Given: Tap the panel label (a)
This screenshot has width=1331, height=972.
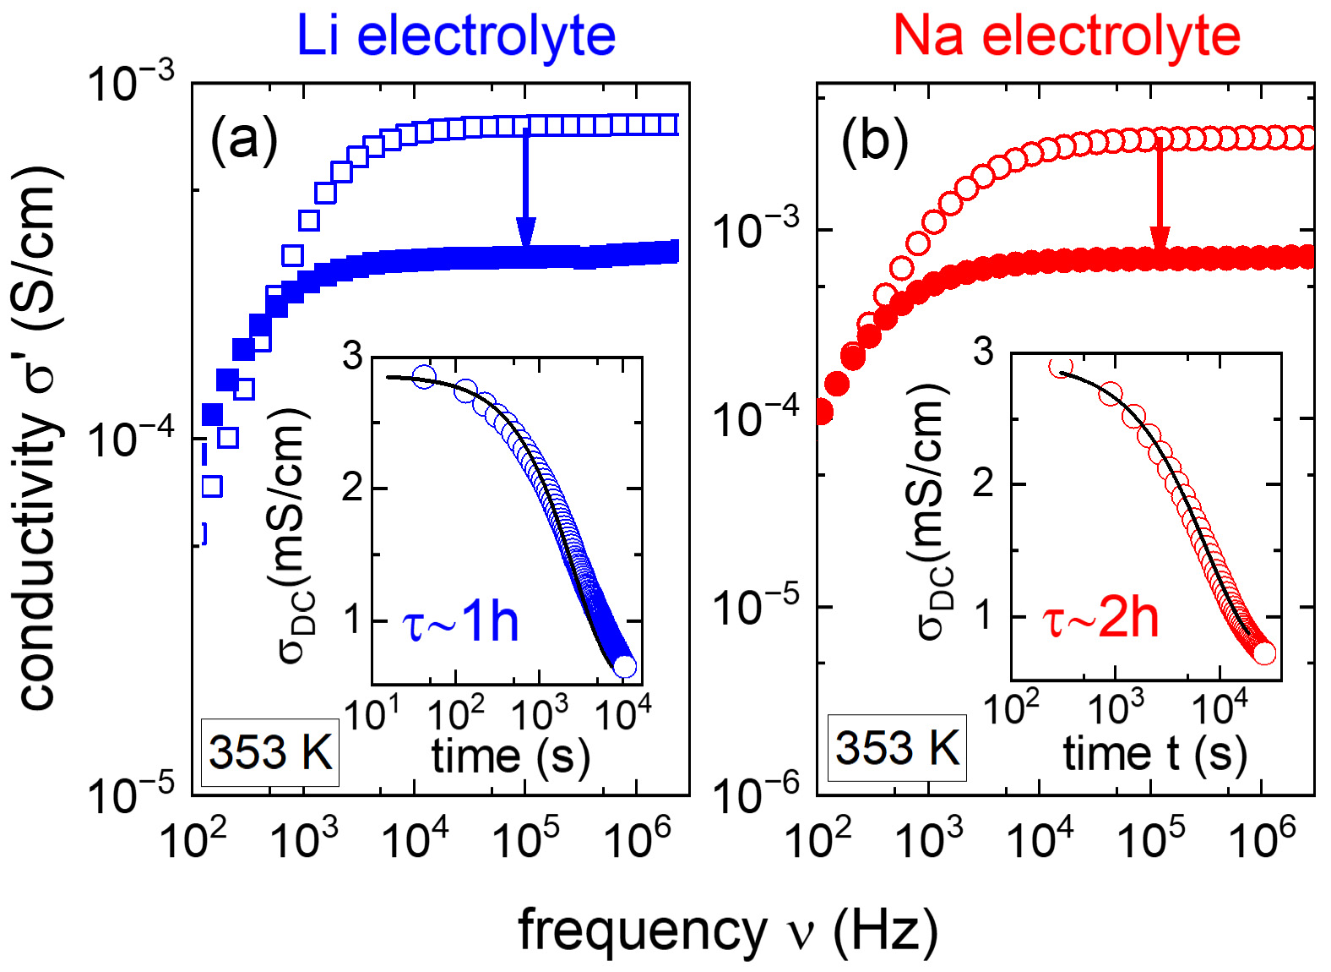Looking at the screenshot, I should (x=243, y=137).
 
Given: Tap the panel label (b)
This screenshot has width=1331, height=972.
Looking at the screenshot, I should (x=875, y=140).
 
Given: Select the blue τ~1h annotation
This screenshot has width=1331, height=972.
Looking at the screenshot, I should (x=460, y=624).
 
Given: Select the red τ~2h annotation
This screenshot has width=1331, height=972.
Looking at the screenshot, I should (x=1100, y=619).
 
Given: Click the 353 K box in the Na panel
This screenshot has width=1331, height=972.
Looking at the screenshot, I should (x=897, y=748).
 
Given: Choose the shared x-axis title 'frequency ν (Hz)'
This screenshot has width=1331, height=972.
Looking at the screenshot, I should (x=728, y=931).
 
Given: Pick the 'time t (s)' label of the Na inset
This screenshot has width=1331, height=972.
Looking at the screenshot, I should (x=1154, y=753).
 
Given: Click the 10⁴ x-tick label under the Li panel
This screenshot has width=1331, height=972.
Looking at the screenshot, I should (x=416, y=838).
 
